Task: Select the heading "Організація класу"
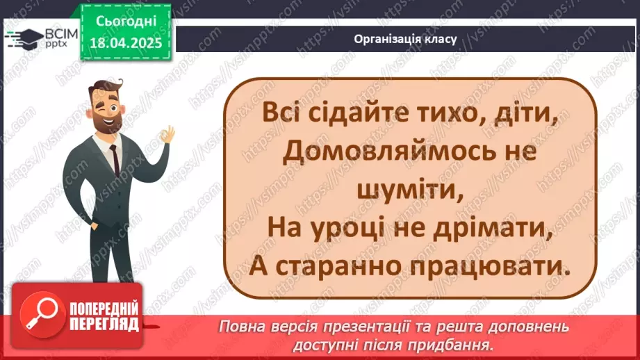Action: coord(405,39)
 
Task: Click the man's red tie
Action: coord(114,160)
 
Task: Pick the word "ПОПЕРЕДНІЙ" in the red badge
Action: coord(104,309)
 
